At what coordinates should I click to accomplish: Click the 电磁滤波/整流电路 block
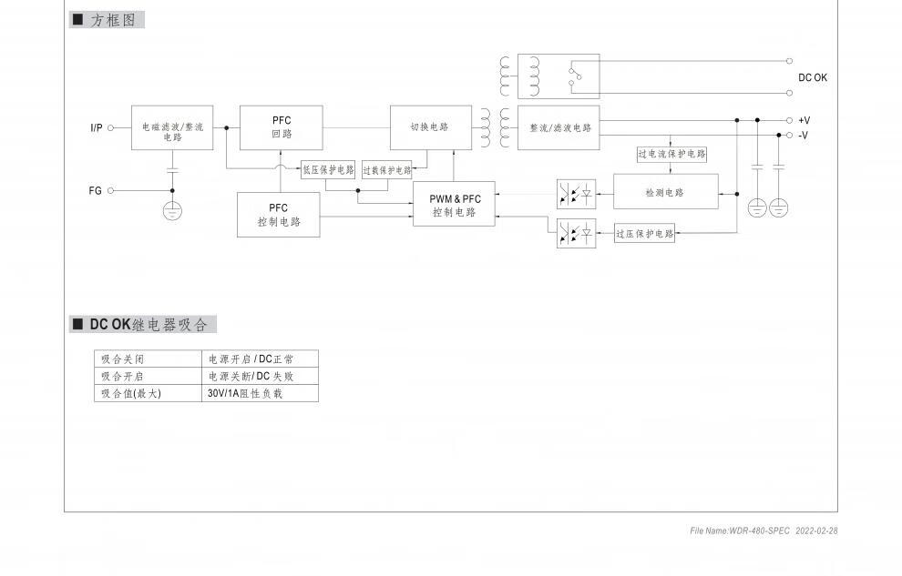172,128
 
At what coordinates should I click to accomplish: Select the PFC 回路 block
281,127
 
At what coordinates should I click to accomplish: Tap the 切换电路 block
431,127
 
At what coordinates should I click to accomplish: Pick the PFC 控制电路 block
278,215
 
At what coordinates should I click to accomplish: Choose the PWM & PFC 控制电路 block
454,205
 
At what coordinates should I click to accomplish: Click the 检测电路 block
665,192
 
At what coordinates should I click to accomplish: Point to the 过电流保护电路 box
671,155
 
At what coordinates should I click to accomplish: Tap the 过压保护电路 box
645,234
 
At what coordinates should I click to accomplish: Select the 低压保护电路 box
328,170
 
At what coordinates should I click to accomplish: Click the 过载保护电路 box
387,170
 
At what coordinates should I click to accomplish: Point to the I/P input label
97,128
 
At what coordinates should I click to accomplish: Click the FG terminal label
96,191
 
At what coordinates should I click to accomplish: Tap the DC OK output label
813,78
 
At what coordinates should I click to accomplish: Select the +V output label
804,120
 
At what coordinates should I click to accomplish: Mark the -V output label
803,136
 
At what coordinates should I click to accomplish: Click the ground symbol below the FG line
172,211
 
